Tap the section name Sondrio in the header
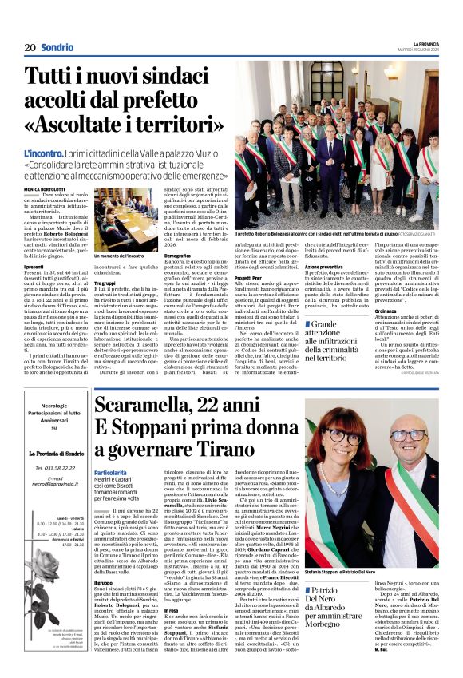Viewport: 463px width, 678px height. pyautogui.click(x=57, y=47)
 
